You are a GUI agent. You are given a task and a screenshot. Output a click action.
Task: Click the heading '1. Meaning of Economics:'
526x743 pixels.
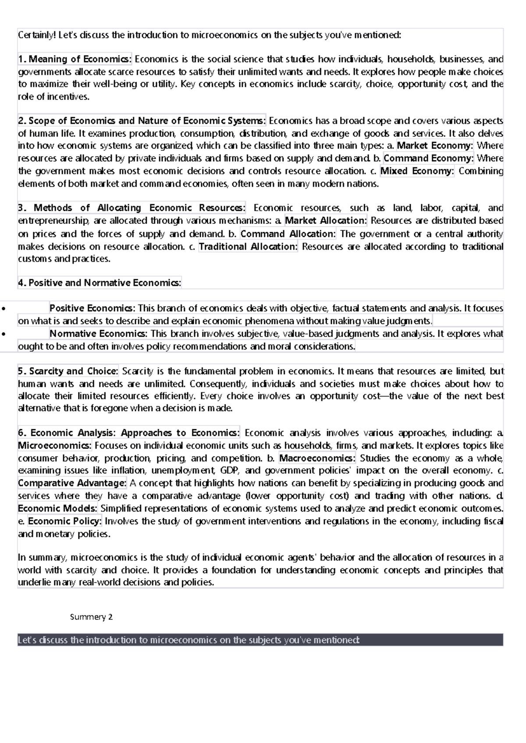(75, 59)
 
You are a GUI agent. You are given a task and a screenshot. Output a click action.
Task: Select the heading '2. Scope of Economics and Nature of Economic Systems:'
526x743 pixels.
(142, 120)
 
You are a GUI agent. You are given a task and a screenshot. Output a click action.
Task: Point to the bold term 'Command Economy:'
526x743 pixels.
(428, 158)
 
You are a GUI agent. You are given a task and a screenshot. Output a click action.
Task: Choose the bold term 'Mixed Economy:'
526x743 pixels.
(417, 171)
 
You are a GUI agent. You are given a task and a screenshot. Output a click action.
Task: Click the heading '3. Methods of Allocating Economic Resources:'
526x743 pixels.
(131, 208)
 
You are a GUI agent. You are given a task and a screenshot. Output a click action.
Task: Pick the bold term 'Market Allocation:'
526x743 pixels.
(326, 220)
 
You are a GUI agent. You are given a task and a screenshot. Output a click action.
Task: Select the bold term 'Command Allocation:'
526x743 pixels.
(288, 234)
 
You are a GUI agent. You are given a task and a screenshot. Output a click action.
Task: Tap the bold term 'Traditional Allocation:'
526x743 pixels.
(248, 246)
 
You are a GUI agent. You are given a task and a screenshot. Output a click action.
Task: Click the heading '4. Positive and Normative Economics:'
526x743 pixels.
(100, 283)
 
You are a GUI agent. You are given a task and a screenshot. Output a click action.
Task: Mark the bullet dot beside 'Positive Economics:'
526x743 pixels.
(4, 308)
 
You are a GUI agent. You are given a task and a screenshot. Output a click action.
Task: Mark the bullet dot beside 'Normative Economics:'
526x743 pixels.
(4, 334)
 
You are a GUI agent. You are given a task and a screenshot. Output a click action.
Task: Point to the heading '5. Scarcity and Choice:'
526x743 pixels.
(68, 371)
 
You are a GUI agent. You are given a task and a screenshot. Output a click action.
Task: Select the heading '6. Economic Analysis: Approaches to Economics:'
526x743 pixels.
(129, 433)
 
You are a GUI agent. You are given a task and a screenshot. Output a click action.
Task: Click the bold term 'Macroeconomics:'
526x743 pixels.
(317, 458)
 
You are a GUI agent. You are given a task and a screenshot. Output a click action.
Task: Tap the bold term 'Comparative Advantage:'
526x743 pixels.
(72, 483)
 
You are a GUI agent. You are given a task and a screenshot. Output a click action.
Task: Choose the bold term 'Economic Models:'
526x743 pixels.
(58, 509)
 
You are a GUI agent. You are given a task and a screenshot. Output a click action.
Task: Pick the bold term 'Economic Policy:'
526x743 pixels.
(65, 521)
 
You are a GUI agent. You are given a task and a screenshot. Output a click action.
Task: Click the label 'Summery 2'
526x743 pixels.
(91, 617)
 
